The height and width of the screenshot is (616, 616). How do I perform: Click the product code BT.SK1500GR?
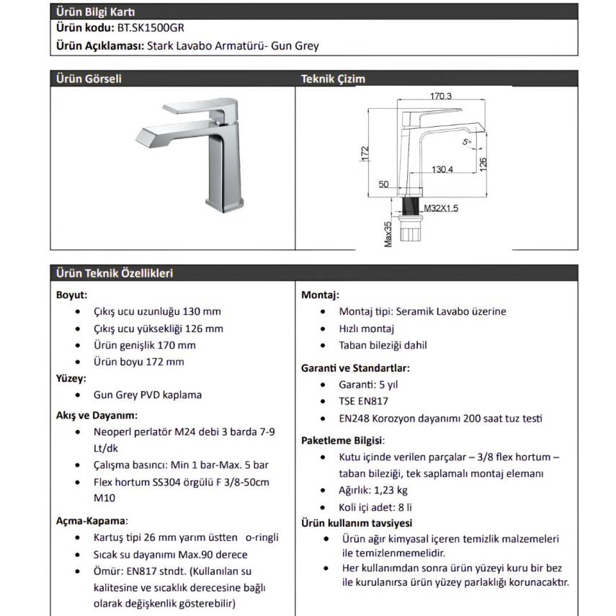151,28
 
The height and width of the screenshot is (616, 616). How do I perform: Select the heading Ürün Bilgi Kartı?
96,12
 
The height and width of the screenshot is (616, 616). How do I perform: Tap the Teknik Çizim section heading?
333,79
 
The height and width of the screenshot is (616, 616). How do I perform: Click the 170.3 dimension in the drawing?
440,96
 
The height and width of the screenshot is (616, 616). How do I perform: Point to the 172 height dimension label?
365,153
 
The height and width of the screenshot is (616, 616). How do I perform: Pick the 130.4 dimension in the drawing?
442,169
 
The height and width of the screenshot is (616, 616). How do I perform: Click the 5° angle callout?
467,142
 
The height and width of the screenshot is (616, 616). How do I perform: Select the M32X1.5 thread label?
441,208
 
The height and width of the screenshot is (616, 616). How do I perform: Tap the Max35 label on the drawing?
388,235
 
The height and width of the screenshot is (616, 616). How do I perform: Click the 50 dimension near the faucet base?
383,184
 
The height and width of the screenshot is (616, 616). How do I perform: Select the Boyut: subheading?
71,295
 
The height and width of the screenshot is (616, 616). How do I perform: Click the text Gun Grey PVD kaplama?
147,395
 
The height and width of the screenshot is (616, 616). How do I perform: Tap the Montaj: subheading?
320,295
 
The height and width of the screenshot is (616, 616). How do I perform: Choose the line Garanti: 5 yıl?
368,385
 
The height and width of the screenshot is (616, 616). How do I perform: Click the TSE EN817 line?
363,401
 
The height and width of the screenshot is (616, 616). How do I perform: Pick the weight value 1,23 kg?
390,491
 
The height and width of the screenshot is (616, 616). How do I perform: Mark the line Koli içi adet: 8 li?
375,508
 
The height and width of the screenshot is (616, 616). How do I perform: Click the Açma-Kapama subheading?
91,521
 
